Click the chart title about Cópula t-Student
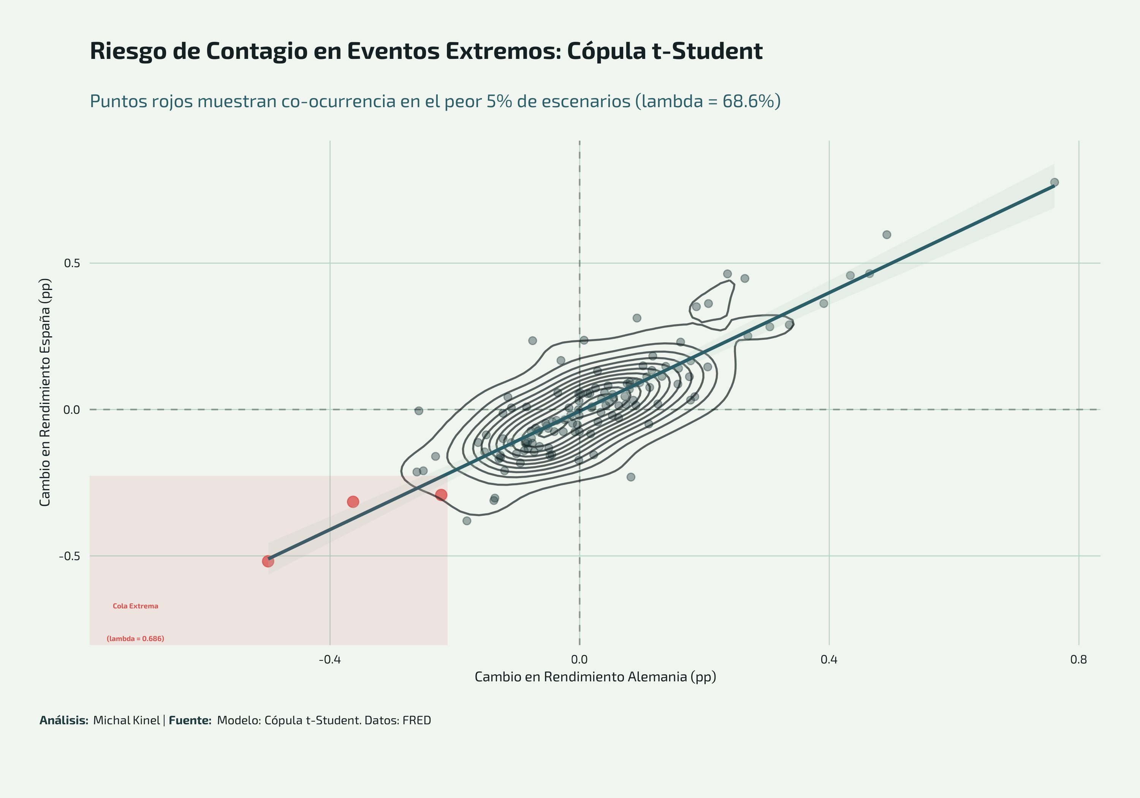426,51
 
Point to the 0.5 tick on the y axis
72,263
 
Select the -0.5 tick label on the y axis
70,556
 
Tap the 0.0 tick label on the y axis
72,410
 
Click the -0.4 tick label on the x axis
330,660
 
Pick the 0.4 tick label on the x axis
829,660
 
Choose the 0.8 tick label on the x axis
1078,660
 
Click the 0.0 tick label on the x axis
579,660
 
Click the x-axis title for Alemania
595,677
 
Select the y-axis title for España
45,392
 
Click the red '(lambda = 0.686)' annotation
136,639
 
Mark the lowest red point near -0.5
268,561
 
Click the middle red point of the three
353,502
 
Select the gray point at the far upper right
1054,182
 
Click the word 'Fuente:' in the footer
190,720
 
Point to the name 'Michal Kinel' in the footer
127,720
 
